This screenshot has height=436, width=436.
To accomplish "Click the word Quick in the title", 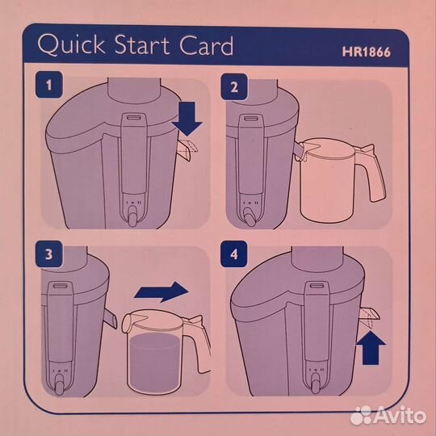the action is pos(72,45).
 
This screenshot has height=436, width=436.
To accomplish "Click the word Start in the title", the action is pos(142,45).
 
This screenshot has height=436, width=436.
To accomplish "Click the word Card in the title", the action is pos(206,45).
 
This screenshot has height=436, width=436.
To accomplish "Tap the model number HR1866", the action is pos(367,52).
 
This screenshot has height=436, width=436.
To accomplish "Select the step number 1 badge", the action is pos(49,85).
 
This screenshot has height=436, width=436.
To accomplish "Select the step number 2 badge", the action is pos(234,86).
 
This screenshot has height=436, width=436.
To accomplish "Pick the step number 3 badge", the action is pos(49,254).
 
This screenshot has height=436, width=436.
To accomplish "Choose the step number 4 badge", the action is pos(234,254).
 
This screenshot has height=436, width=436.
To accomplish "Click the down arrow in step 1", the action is pos(187,119).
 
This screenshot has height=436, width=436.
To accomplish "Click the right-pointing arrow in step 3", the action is pos(161,291).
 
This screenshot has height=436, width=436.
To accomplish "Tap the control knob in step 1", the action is pos(133,216).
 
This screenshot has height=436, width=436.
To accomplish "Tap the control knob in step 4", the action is pos(316,384).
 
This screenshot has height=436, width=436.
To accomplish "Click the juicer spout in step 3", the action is pos(111,319).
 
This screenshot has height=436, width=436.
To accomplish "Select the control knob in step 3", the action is pos(59,384).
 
